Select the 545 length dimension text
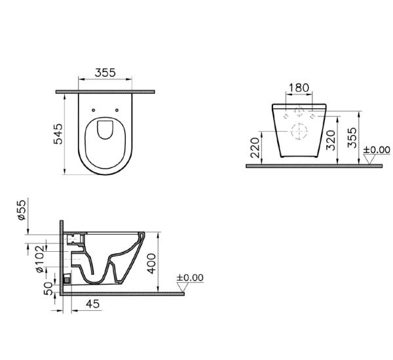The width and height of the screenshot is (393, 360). coord(60,134)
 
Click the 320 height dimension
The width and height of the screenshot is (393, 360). coord(331,138)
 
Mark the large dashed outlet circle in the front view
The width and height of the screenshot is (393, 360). coord(299,130)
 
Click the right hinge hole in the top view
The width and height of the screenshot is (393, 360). coord(117,110)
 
